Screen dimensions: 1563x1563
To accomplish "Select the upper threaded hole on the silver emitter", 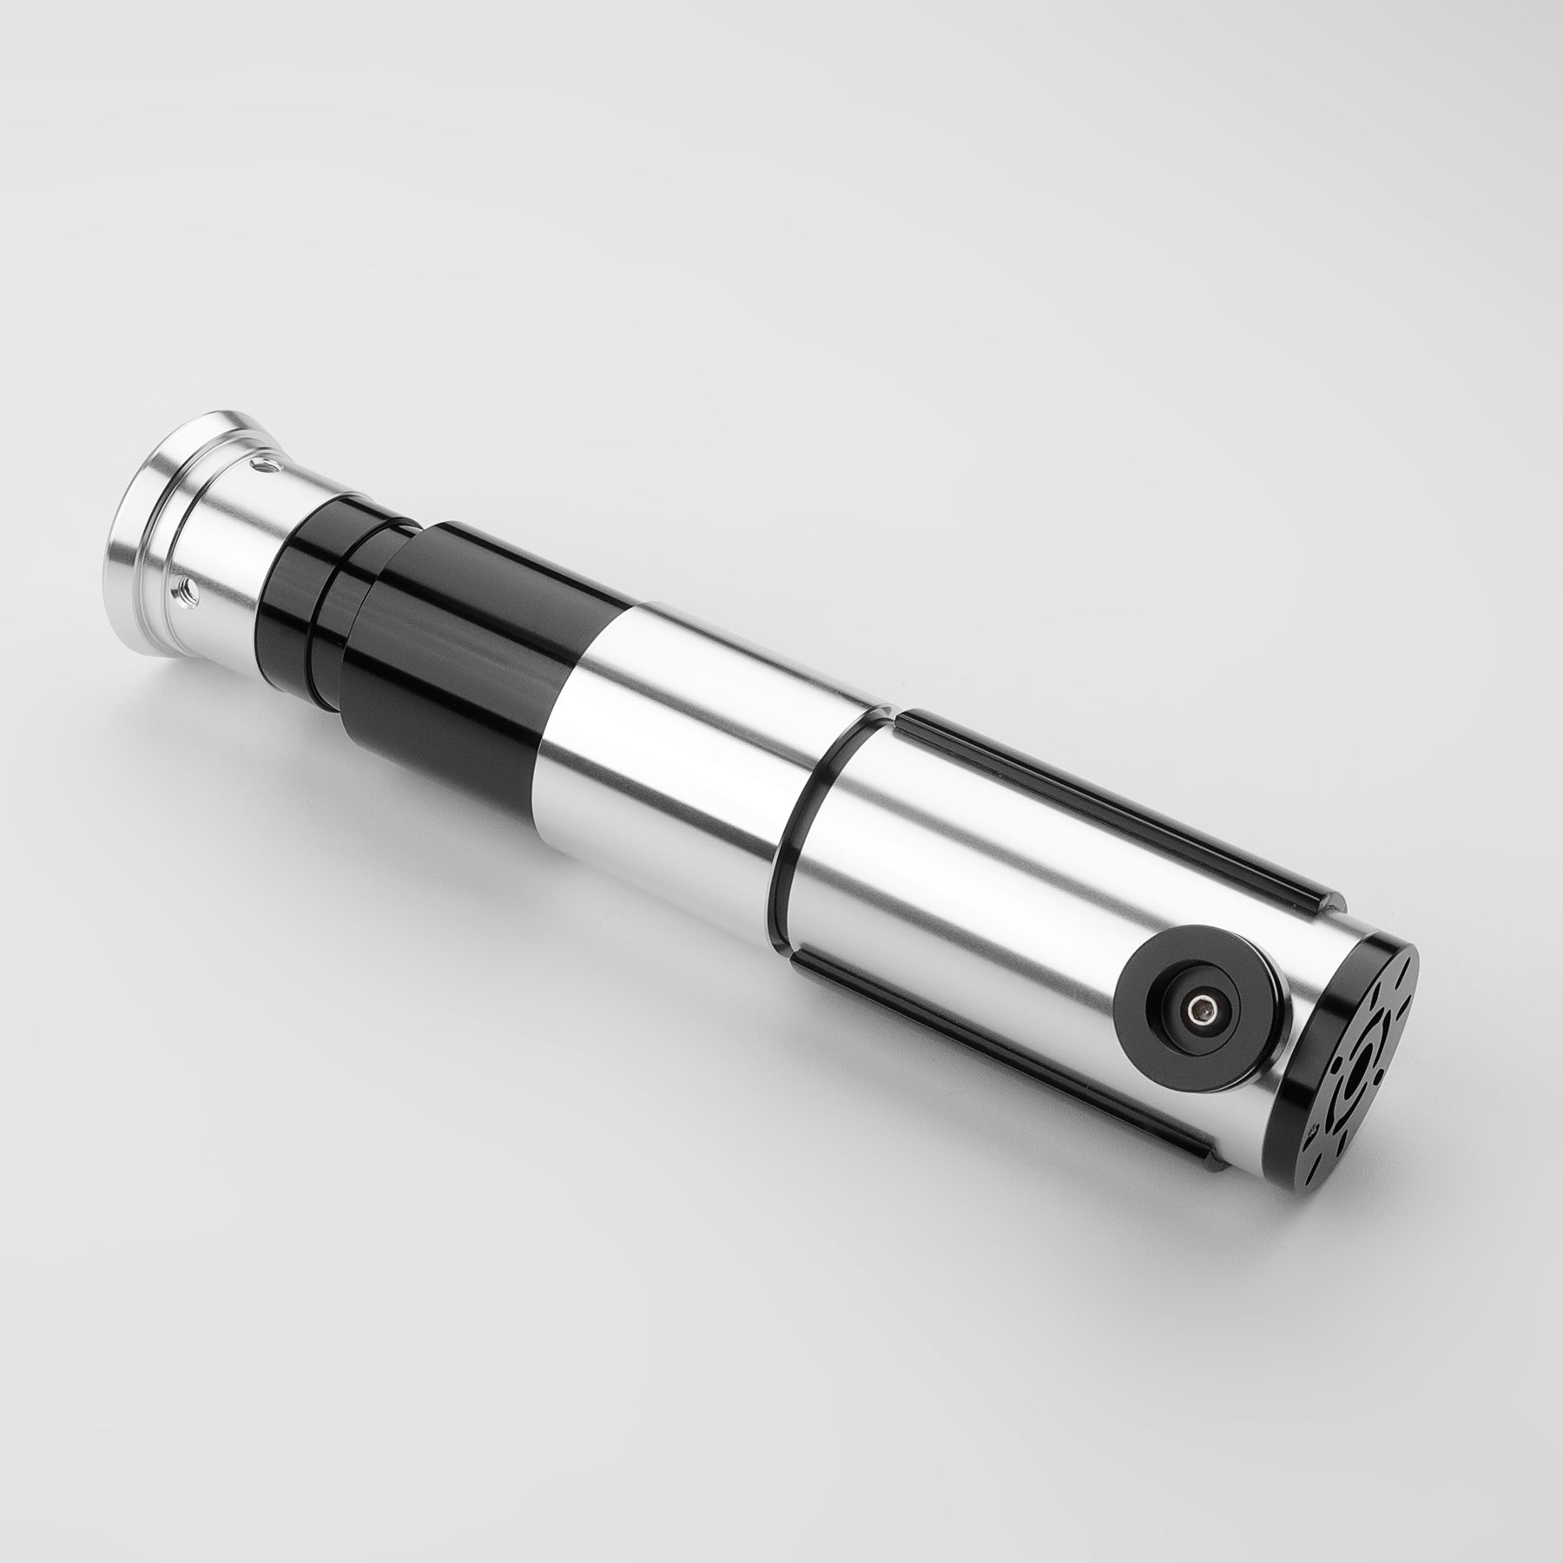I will coord(261,470).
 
